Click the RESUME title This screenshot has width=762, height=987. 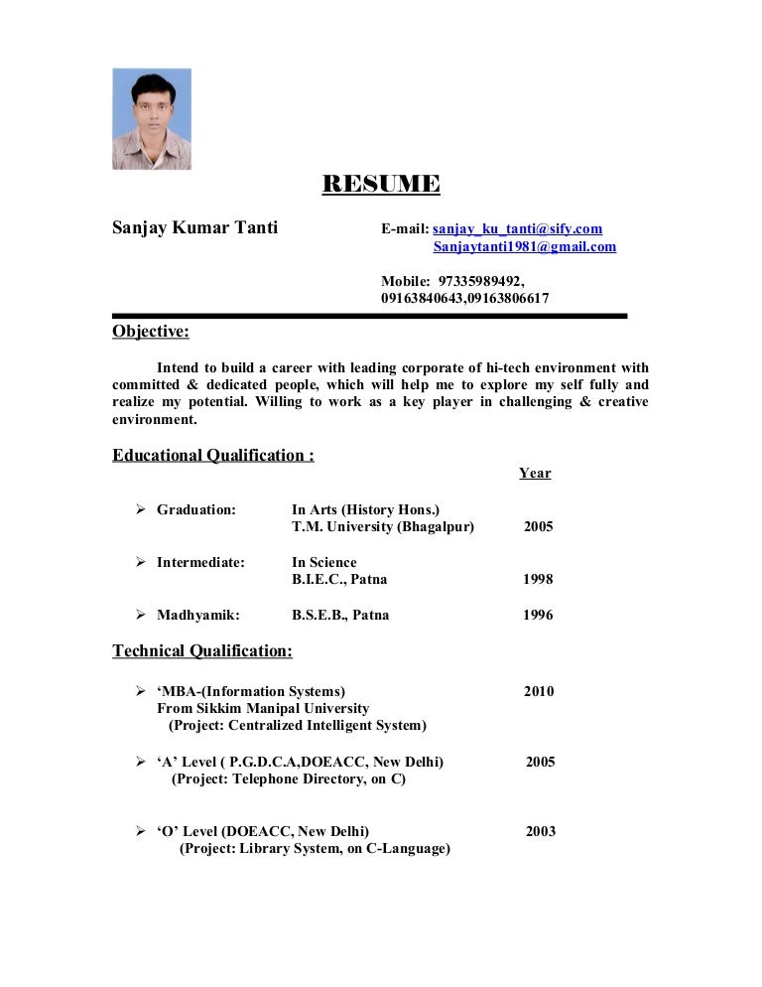(381, 185)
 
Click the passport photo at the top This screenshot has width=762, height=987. (151, 119)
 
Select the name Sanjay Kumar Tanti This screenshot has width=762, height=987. (194, 229)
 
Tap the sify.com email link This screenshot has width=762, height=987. (517, 229)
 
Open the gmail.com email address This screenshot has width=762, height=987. (524, 247)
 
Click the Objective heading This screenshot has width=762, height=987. (151, 332)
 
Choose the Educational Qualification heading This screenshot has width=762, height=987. (213, 456)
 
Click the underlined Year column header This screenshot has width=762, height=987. (535, 474)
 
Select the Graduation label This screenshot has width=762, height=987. (196, 509)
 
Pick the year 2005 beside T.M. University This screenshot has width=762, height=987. (539, 527)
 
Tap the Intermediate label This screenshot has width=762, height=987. (200, 563)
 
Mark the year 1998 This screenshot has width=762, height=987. (538, 580)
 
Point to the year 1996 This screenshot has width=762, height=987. (538, 616)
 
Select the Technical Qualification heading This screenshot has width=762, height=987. (202, 651)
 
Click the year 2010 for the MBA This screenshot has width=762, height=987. (539, 691)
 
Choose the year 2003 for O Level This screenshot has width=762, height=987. (540, 832)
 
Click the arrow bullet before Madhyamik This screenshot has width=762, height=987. (140, 615)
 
